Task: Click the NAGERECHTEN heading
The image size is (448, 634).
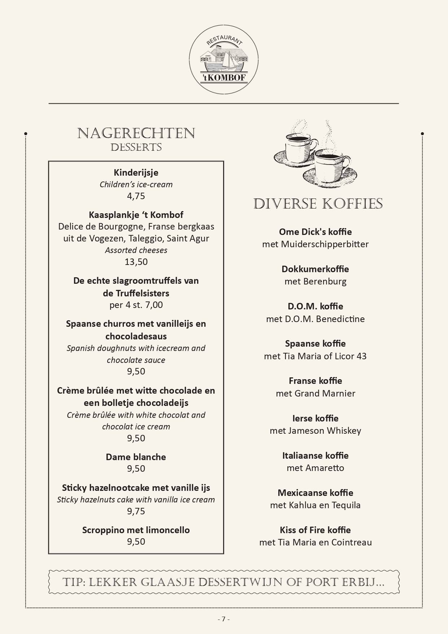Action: [x=136, y=133]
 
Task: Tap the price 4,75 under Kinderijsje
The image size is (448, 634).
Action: [x=136, y=196]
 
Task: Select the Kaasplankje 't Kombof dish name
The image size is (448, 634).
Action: [x=136, y=215]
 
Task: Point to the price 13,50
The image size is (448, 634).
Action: [x=136, y=262]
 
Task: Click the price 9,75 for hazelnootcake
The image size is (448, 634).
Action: [x=136, y=511]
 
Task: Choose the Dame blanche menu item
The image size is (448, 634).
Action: [x=136, y=457]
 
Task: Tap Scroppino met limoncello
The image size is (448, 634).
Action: [x=136, y=530]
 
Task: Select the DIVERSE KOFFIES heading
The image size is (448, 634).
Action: [x=318, y=204]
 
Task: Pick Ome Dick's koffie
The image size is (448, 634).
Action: [x=315, y=232]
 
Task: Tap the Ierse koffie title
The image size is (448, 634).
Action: [x=315, y=418]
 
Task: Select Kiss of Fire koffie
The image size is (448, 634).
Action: [x=315, y=530]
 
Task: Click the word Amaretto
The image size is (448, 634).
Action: [x=325, y=468]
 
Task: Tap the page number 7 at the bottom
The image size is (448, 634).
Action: [x=223, y=619]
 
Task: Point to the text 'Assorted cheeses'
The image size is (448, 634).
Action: [x=136, y=250]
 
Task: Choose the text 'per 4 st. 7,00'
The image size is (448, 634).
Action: [x=136, y=305]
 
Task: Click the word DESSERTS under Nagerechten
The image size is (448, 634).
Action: [x=136, y=147]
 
